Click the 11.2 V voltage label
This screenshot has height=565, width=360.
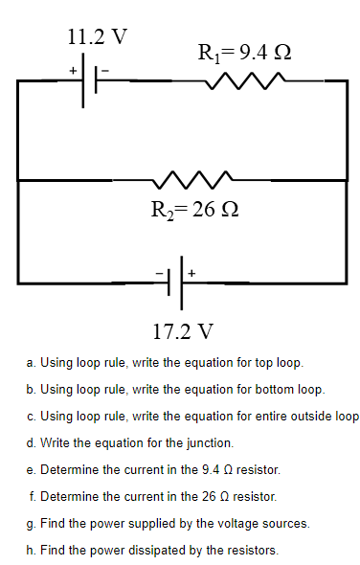coord(97,36)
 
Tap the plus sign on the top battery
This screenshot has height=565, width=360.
coord(72,70)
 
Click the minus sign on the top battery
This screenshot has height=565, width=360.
coord(107,70)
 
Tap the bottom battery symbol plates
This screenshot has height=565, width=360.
coord(174,283)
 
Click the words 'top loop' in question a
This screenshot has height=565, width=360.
coord(277,364)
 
